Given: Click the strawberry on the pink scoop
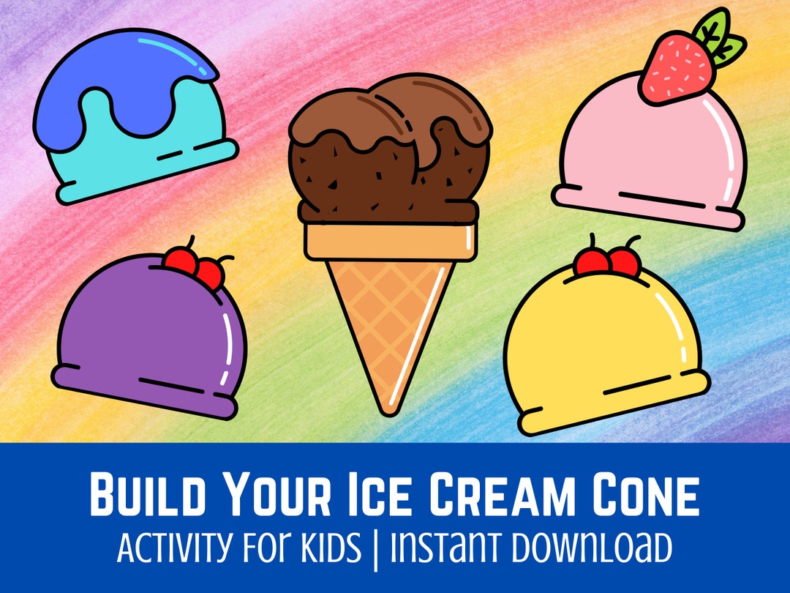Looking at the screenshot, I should coord(677,71).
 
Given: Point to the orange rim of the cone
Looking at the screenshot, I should coord(391,241).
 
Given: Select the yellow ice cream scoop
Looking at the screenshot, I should coord(603,344).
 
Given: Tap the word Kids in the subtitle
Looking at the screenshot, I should coord(333,548).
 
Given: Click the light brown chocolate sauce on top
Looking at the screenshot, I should coord(388,117).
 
